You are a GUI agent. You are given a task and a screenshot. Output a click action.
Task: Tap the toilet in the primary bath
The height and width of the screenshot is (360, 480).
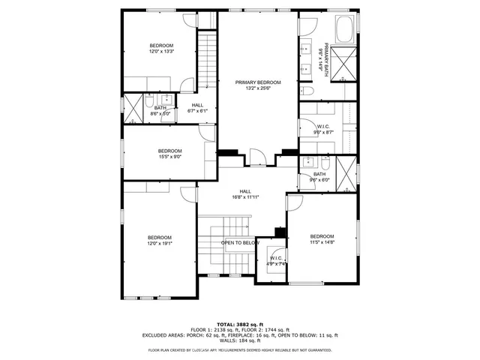308,91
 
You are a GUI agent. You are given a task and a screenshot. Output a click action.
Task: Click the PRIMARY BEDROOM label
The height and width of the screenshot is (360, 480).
257,82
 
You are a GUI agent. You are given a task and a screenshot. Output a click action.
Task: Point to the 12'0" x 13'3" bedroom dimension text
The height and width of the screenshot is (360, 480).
160,52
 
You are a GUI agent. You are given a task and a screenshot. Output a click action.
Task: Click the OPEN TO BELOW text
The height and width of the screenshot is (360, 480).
240,243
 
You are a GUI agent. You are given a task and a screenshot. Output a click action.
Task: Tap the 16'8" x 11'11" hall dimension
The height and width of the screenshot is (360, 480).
245,198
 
